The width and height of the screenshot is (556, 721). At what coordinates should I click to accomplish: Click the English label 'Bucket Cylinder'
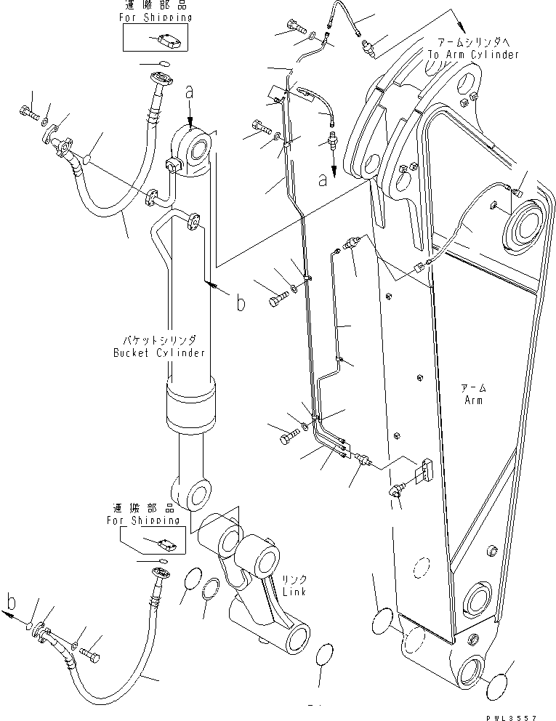pos(158,353)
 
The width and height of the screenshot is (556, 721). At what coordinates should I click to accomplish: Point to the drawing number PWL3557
pos(528,716)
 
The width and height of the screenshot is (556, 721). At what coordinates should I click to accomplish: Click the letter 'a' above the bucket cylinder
pos(190,93)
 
